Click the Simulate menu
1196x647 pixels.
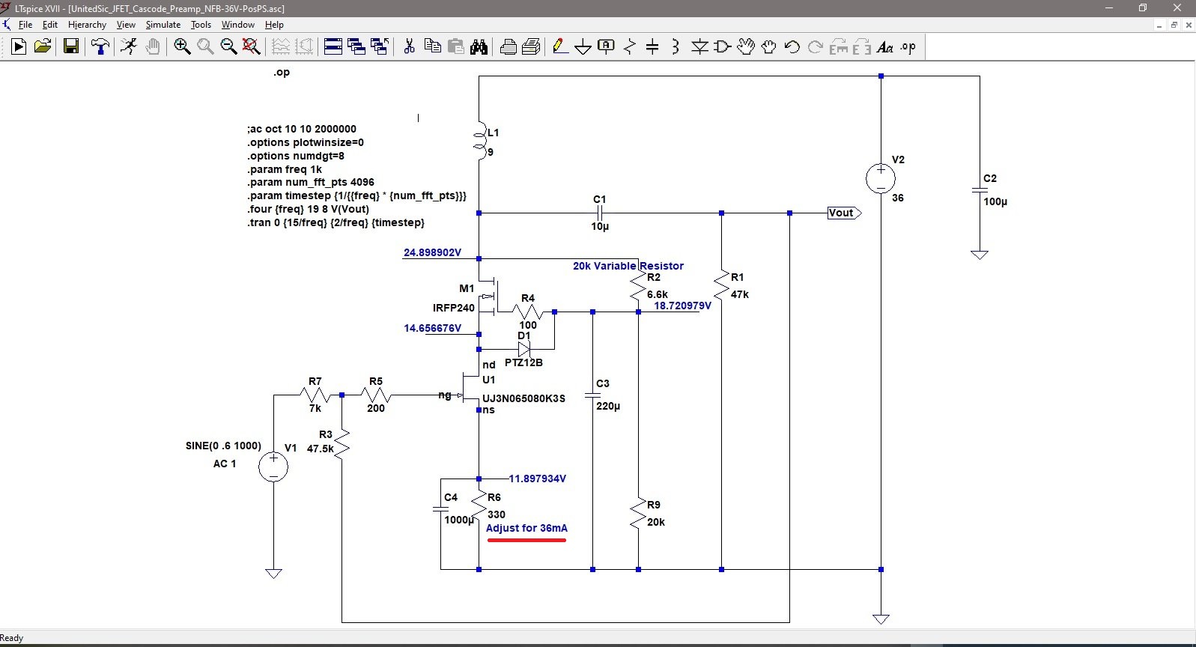pos(163,25)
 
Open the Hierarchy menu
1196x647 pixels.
pos(87,25)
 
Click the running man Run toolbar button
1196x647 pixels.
pos(129,47)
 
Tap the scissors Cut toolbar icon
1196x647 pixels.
pos(409,47)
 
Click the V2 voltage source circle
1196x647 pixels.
pos(881,178)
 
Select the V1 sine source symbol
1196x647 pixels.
pos(273,467)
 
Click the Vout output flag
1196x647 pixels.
pos(844,213)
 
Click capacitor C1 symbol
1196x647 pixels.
pos(600,213)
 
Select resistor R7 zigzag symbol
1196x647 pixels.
pos(315,395)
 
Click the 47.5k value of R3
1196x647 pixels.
pos(321,449)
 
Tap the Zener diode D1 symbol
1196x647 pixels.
pos(523,350)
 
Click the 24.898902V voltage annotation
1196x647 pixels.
pos(432,252)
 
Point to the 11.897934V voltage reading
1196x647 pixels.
pos(537,479)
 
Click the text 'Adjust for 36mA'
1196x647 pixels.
pos(526,528)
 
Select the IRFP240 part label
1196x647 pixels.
pos(453,308)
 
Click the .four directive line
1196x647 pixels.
pos(308,209)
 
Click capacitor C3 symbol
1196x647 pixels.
pos(592,395)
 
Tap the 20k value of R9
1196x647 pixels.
pos(656,522)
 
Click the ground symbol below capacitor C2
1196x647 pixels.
pos(980,255)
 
